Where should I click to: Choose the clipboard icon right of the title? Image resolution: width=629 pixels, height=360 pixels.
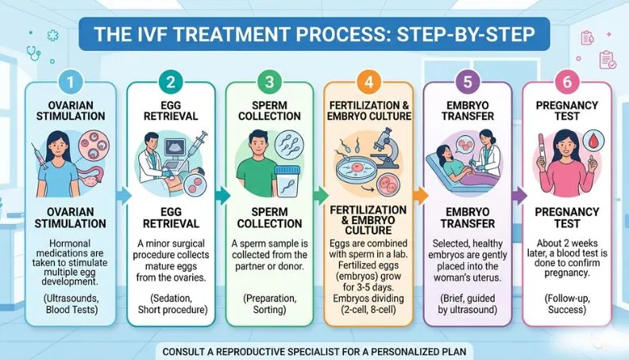pos(607,59)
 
